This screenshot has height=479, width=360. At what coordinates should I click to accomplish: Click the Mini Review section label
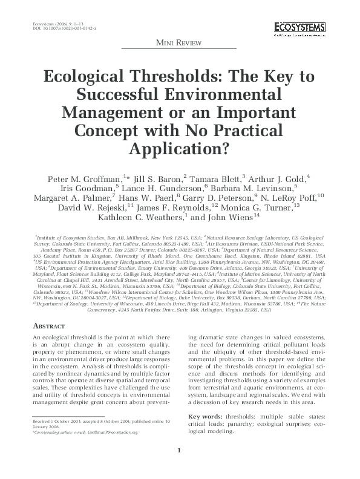(180, 44)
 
